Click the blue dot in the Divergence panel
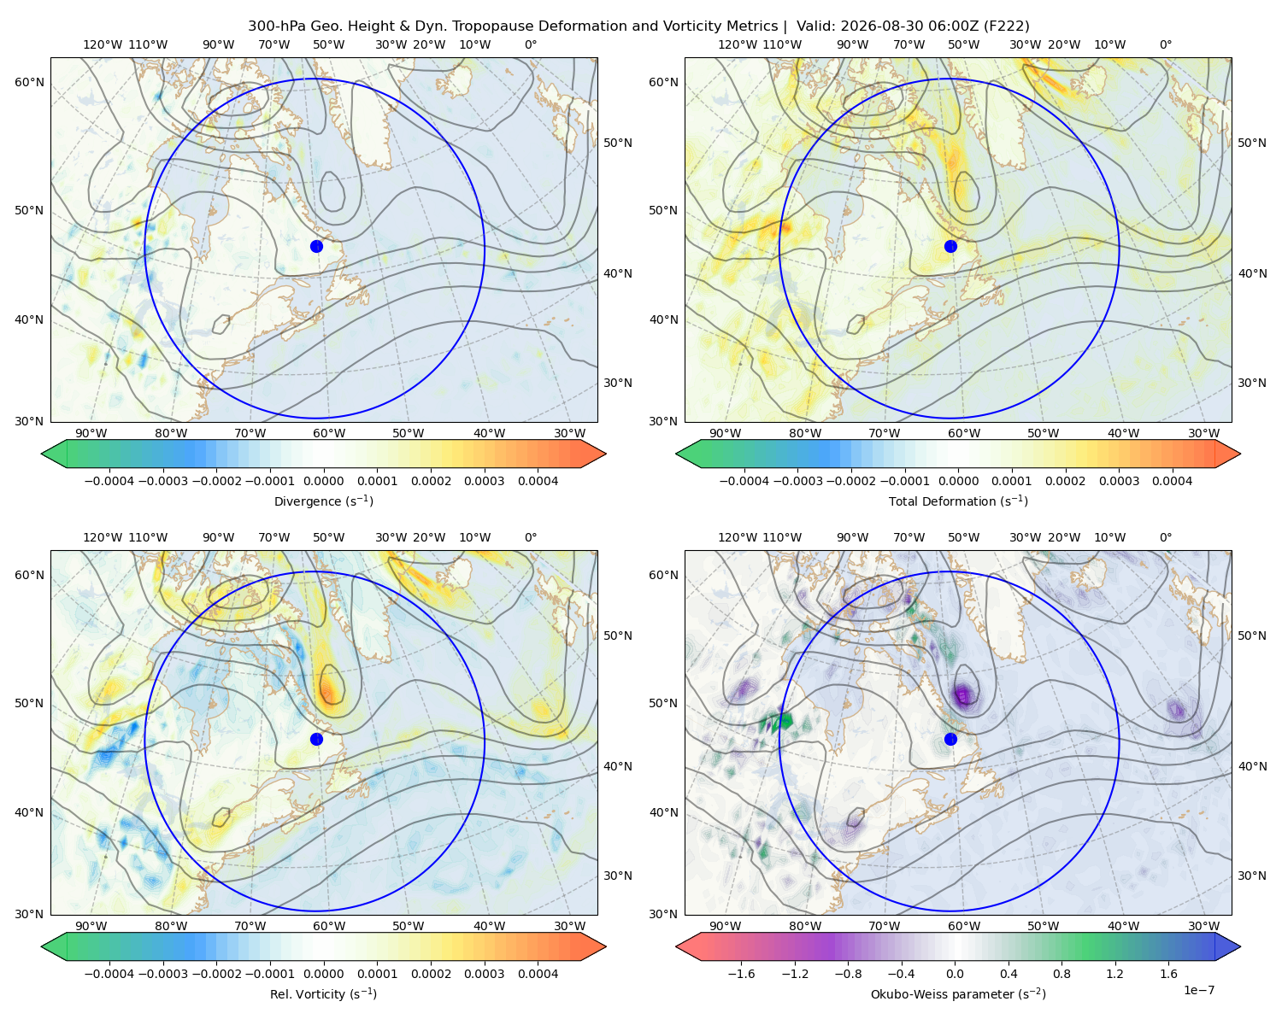point(316,246)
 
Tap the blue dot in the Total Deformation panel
point(950,246)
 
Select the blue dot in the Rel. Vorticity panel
point(316,739)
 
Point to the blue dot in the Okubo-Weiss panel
point(950,739)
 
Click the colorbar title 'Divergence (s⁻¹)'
point(323,501)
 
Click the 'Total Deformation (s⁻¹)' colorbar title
point(958,501)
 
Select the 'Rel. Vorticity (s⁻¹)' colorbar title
point(323,994)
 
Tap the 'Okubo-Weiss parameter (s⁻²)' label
point(958,994)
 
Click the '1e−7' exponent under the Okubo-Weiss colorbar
point(1198,990)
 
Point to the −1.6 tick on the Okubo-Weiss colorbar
point(741,974)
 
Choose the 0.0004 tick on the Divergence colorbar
point(538,481)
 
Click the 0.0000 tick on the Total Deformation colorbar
point(958,481)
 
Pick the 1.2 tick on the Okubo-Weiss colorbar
point(1114,974)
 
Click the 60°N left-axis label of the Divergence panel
point(29,82)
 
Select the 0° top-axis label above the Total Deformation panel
point(1165,44)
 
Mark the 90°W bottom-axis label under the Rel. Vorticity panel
point(91,926)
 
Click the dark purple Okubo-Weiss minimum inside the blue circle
point(962,694)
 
